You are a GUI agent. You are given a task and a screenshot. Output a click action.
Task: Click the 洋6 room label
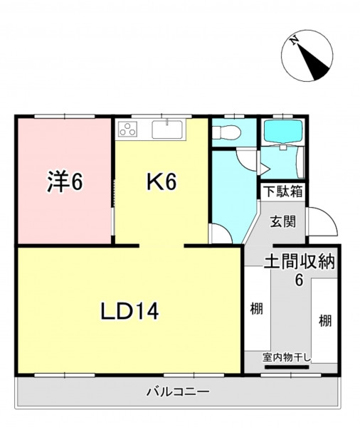65,182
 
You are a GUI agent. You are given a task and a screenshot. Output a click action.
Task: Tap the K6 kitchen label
162,181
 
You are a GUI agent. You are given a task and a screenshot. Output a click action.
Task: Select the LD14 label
129,311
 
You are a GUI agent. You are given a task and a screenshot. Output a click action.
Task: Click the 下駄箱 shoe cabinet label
284,191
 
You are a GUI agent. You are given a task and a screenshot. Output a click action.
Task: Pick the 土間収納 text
299,262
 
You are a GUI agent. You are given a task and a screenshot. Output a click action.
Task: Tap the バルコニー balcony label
179,392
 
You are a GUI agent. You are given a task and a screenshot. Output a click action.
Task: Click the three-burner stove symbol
128,129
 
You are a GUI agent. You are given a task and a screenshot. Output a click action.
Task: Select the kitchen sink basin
167,130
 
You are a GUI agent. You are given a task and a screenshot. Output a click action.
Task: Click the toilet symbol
226,132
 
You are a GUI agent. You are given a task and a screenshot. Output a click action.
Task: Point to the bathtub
283,131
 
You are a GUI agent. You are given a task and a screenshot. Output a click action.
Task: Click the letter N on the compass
294,41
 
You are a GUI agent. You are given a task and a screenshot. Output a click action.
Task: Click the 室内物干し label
287,358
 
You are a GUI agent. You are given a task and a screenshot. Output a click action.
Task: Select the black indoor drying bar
287,367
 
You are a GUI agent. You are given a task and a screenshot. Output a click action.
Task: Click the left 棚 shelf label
257,309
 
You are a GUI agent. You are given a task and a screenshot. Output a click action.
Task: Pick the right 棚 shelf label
325,320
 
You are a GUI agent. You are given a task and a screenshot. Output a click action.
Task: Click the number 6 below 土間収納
300,280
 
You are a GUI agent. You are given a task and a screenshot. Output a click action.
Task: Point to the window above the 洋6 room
65,117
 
